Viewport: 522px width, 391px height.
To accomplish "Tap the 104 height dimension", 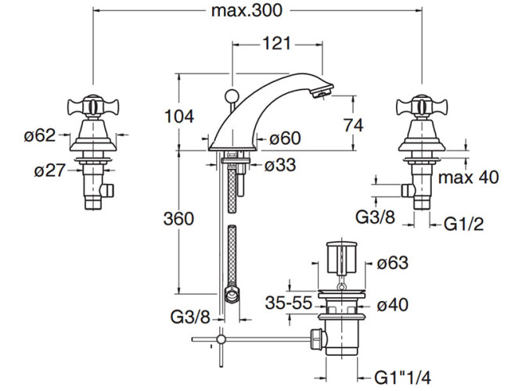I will point(179,117).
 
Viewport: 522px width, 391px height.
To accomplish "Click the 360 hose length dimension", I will point(179,220).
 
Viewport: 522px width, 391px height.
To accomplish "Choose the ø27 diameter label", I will point(50,170).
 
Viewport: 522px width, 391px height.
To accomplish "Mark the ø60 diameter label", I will point(285,139).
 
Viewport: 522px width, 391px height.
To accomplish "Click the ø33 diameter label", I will point(279,166).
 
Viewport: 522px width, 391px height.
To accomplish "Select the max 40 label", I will point(468,178).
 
